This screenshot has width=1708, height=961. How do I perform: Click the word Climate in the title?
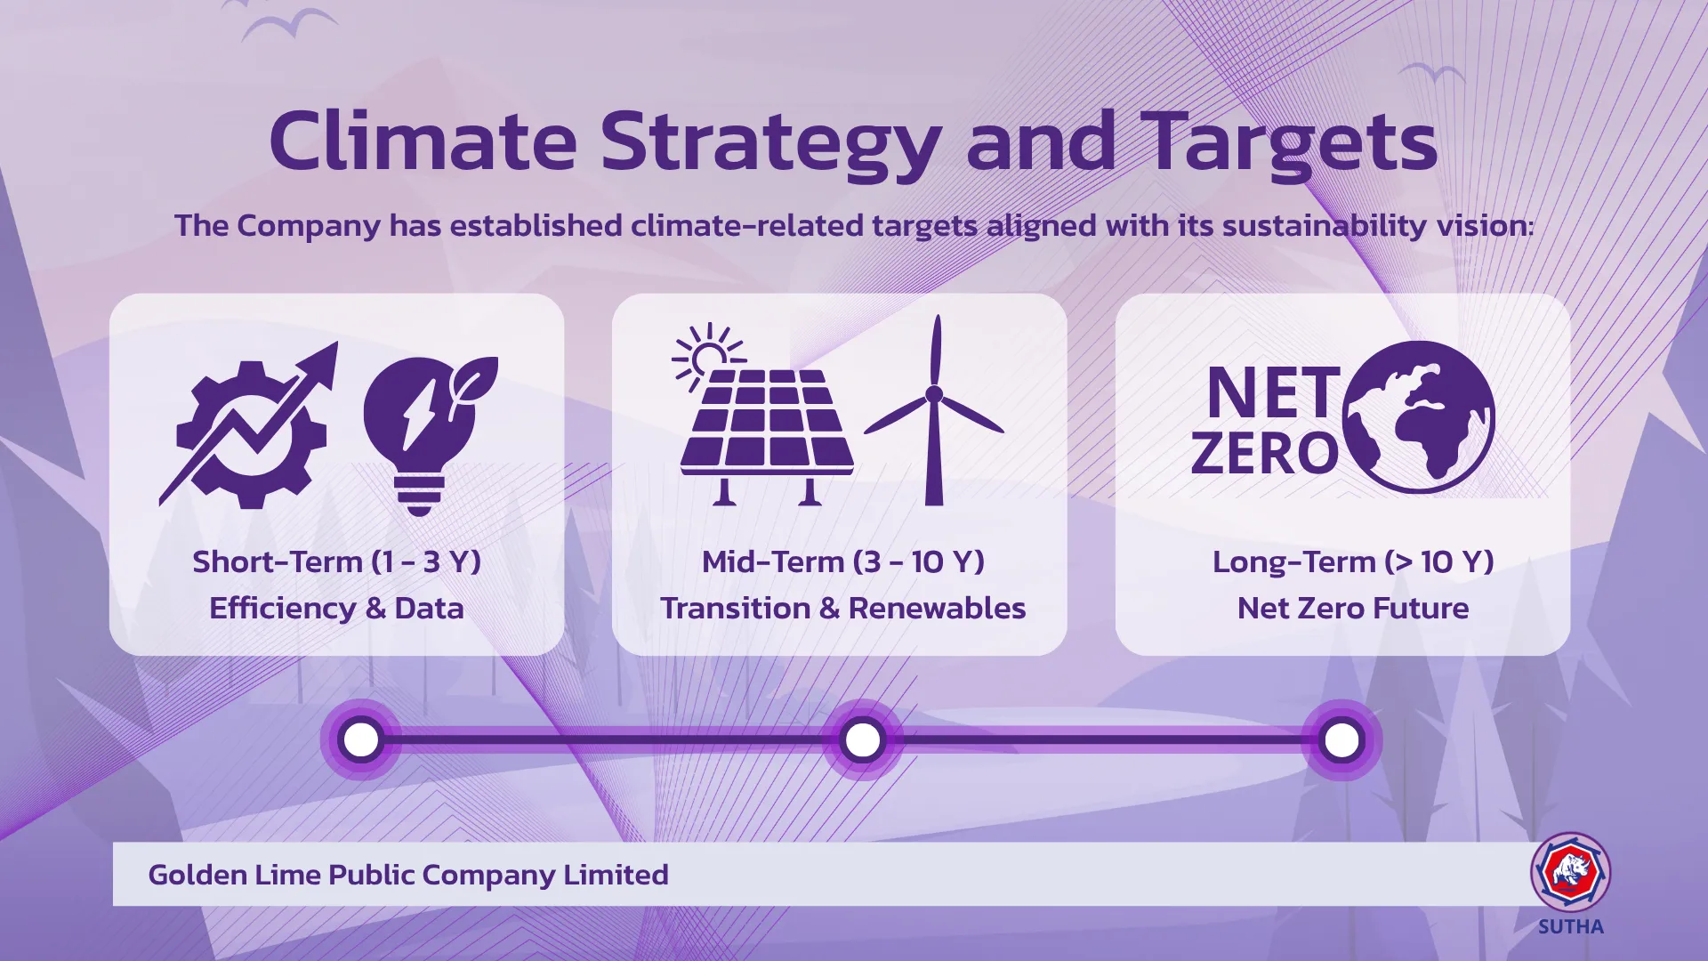click(x=423, y=141)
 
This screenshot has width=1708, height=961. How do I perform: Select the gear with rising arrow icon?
click(x=249, y=425)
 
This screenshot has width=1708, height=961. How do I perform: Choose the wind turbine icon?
click(x=934, y=410)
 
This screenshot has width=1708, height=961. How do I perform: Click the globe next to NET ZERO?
click(x=1418, y=416)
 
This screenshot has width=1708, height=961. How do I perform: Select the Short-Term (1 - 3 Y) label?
click(x=337, y=561)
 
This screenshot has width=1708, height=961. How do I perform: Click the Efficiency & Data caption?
click(x=336, y=608)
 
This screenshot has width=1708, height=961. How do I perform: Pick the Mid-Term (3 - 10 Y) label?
click(x=843, y=561)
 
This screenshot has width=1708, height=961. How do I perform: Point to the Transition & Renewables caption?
click(x=843, y=608)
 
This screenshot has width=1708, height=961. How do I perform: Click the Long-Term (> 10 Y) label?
click(x=1353, y=561)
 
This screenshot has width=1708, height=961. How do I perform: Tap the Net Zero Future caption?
click(x=1353, y=608)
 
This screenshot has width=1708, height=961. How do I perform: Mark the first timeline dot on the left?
click(x=361, y=739)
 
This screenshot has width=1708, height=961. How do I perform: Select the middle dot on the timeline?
click(x=863, y=739)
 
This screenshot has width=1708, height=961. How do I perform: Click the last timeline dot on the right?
click(x=1341, y=739)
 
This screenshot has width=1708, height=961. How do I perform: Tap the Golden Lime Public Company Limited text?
click(x=408, y=875)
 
